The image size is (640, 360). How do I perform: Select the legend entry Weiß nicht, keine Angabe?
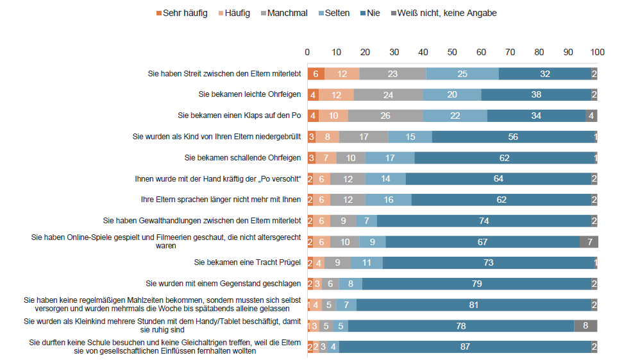point(447,13)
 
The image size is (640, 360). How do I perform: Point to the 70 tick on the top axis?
point(510,52)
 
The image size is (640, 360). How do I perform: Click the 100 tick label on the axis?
point(597,52)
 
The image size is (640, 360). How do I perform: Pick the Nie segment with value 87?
point(465,347)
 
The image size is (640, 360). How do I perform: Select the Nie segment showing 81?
point(474,305)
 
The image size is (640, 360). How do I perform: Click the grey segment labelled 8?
point(585,325)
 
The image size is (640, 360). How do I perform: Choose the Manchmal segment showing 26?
point(385,116)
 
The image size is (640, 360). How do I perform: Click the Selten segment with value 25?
point(462,74)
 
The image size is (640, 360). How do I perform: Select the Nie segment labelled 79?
point(476,284)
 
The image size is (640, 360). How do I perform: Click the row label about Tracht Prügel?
point(248,262)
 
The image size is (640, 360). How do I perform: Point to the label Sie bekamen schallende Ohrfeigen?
point(242,158)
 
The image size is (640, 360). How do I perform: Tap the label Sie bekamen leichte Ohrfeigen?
point(249,95)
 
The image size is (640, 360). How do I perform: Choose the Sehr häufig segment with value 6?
point(316,74)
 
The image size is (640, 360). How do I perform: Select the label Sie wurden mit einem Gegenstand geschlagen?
point(224,284)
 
